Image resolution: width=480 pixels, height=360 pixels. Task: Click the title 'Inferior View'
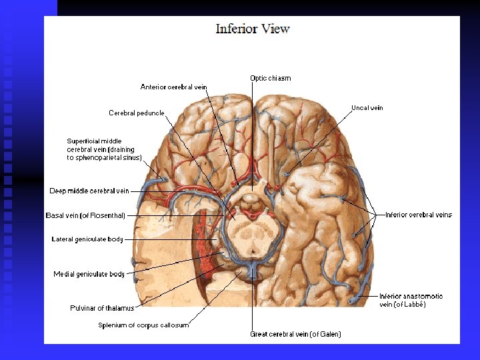point(252,29)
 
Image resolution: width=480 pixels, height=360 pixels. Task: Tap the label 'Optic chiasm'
point(270,78)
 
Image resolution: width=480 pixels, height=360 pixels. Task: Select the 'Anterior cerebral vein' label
point(173,87)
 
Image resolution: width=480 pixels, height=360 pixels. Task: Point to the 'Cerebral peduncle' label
point(136,113)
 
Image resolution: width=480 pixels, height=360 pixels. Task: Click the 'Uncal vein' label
point(367,108)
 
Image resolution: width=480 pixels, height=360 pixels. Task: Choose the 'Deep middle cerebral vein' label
point(89,191)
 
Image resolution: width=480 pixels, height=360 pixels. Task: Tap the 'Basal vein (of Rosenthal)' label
point(85,215)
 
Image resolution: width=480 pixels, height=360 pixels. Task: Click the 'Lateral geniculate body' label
point(87,239)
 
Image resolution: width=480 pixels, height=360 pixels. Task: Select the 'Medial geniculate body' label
point(89,274)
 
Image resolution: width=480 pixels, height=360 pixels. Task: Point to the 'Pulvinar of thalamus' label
point(102,308)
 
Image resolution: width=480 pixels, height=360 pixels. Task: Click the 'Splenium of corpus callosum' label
point(143,325)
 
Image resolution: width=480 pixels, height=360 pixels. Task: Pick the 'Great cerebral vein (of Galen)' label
point(295,334)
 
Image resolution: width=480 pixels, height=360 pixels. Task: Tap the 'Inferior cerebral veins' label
point(419,215)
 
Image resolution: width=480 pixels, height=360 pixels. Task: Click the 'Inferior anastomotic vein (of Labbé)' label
point(411,300)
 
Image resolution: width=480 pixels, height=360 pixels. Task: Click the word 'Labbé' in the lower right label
point(414,305)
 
